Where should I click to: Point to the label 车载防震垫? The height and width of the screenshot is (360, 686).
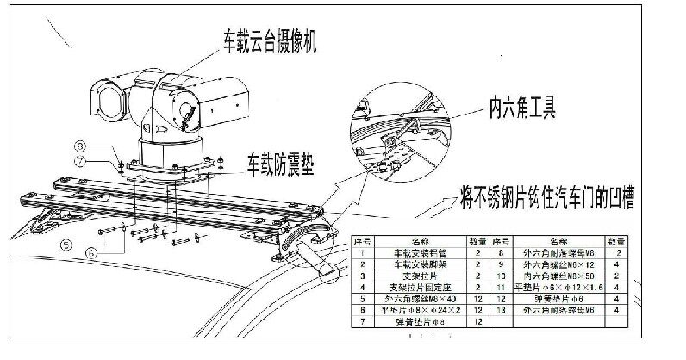(x=278, y=160)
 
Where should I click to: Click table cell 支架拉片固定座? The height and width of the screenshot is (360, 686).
(x=418, y=286)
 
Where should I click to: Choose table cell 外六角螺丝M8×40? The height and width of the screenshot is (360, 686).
(x=418, y=297)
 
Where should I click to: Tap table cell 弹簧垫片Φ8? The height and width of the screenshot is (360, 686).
(x=418, y=320)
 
